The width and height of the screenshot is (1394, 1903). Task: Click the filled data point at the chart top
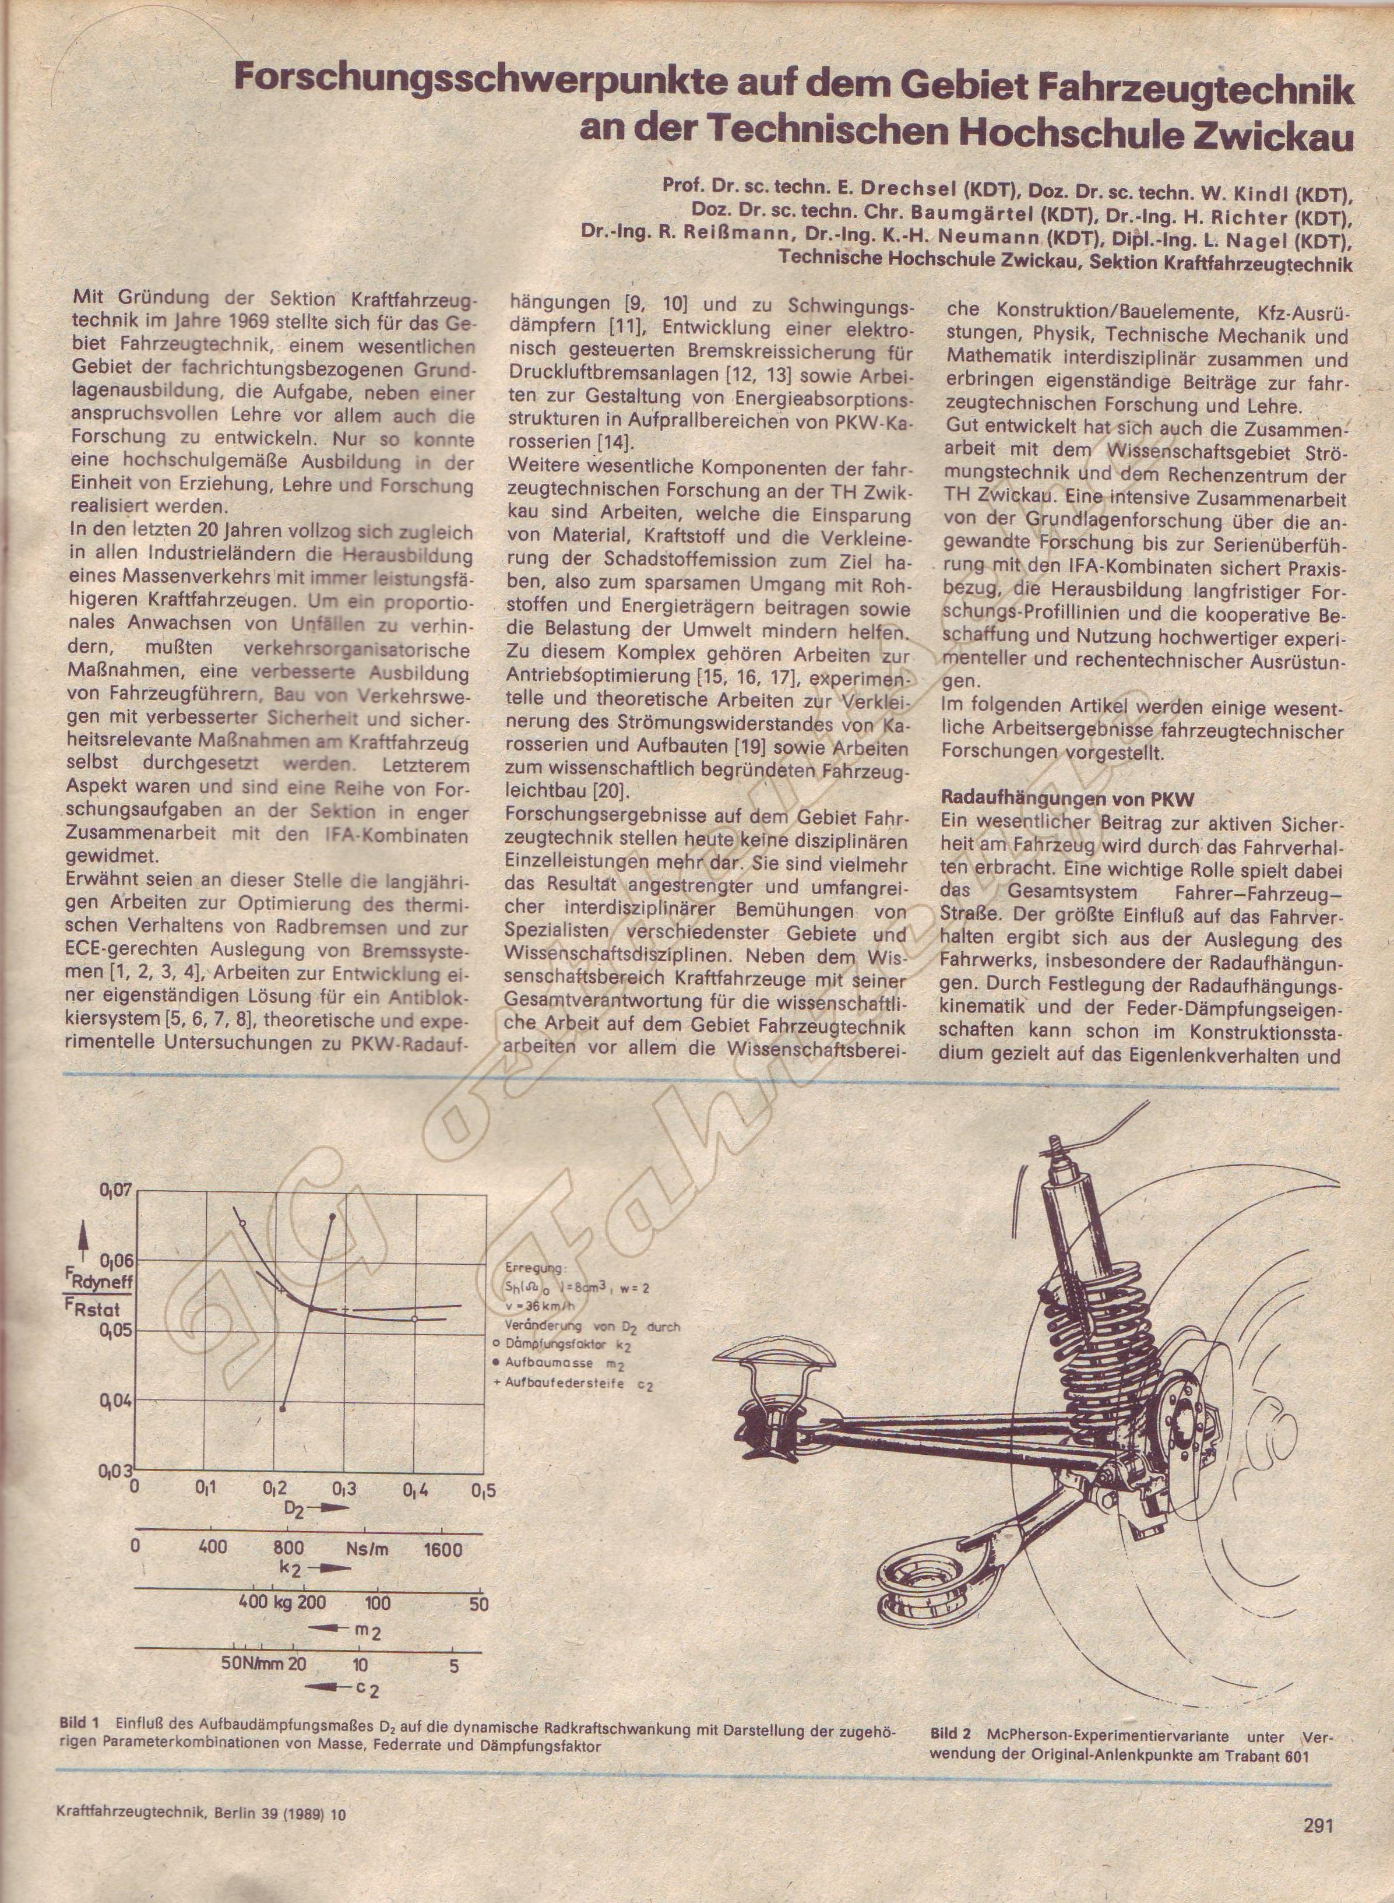point(332,1216)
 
